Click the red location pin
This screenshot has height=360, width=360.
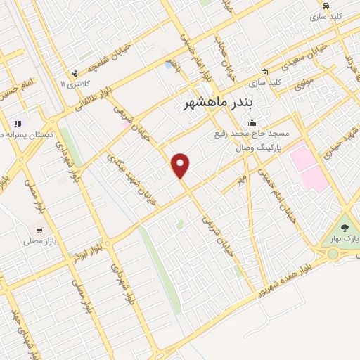tap(181, 165)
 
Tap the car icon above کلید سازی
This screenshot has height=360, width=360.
tap(316, 5)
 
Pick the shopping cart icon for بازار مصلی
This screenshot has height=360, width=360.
tap(40, 230)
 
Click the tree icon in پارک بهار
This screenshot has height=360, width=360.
tap(345, 228)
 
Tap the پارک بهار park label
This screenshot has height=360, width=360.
tap(345, 240)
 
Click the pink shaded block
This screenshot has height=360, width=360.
tap(309, 166)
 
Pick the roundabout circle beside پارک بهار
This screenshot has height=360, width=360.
tap(344, 253)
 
